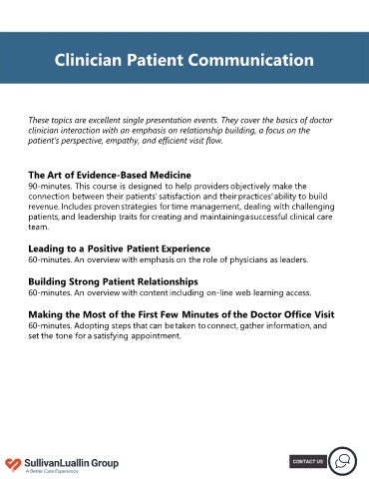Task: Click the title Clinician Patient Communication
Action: pos(184,60)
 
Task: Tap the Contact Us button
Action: pos(308,461)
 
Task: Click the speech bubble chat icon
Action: pos(343,461)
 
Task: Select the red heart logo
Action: pos(13,464)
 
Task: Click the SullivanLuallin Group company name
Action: pos(71,463)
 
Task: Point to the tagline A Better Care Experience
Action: pos(52,471)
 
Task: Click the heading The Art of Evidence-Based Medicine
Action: pos(110,175)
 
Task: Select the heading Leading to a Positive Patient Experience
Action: pos(119,248)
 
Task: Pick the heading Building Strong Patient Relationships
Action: pos(113,281)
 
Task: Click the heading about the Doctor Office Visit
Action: pos(182,314)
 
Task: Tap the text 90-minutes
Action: pos(50,186)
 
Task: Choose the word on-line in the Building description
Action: pos(219,292)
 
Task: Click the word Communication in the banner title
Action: pos(251,60)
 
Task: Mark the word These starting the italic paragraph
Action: pos(38,120)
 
